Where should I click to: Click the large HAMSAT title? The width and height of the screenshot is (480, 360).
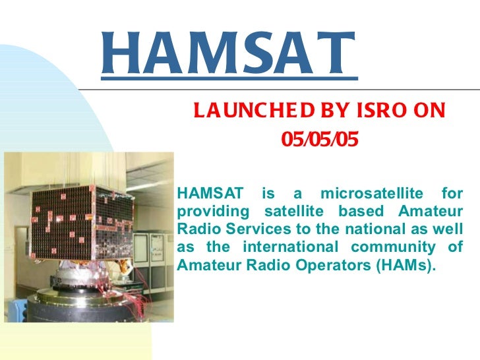(229, 54)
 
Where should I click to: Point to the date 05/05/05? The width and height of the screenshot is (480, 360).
(320, 139)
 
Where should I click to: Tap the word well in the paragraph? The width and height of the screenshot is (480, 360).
(450, 229)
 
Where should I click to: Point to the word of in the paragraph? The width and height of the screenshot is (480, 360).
(455, 247)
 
